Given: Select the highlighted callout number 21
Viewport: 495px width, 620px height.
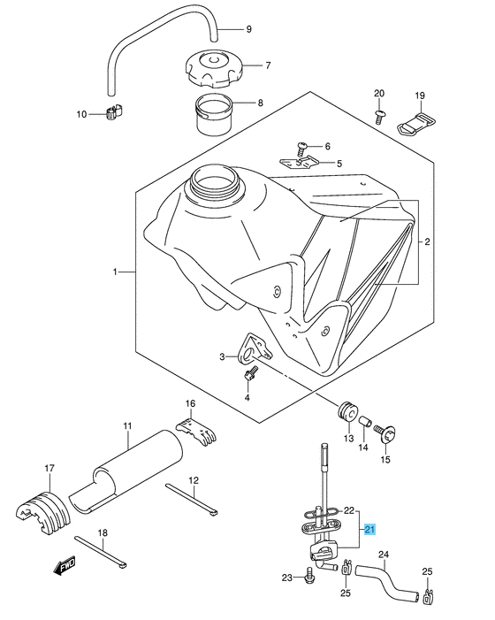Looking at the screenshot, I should [x=370, y=529].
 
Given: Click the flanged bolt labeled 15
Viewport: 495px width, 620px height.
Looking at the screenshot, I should [x=385, y=432].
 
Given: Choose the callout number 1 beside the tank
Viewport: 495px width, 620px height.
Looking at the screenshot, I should [x=115, y=272].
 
